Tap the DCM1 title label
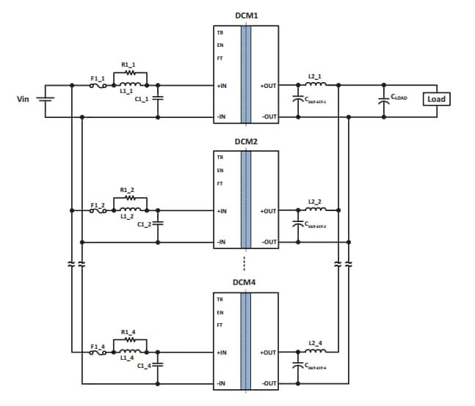(246, 15)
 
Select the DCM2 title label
(246, 141)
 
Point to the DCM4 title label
(246, 281)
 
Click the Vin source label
(23, 99)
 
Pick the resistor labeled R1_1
(131, 73)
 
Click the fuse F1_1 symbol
(98, 86)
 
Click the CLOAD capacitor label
(399, 97)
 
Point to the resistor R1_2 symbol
(131, 198)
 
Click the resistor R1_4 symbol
(131, 340)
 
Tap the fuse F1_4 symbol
(98, 353)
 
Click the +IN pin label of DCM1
(222, 86)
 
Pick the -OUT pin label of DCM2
(269, 242)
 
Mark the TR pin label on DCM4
(220, 299)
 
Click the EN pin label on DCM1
(220, 45)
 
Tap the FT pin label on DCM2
(220, 183)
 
